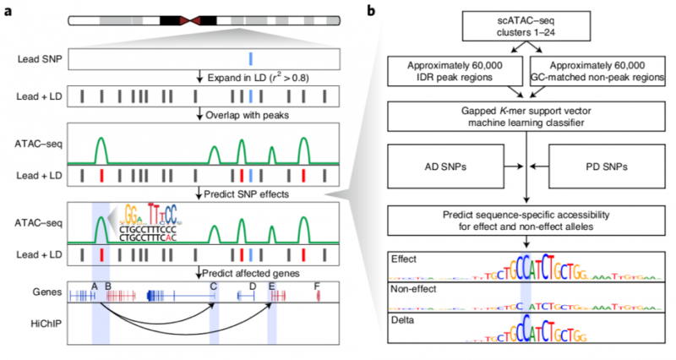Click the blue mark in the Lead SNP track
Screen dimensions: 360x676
250,59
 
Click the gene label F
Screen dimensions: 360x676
317,286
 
